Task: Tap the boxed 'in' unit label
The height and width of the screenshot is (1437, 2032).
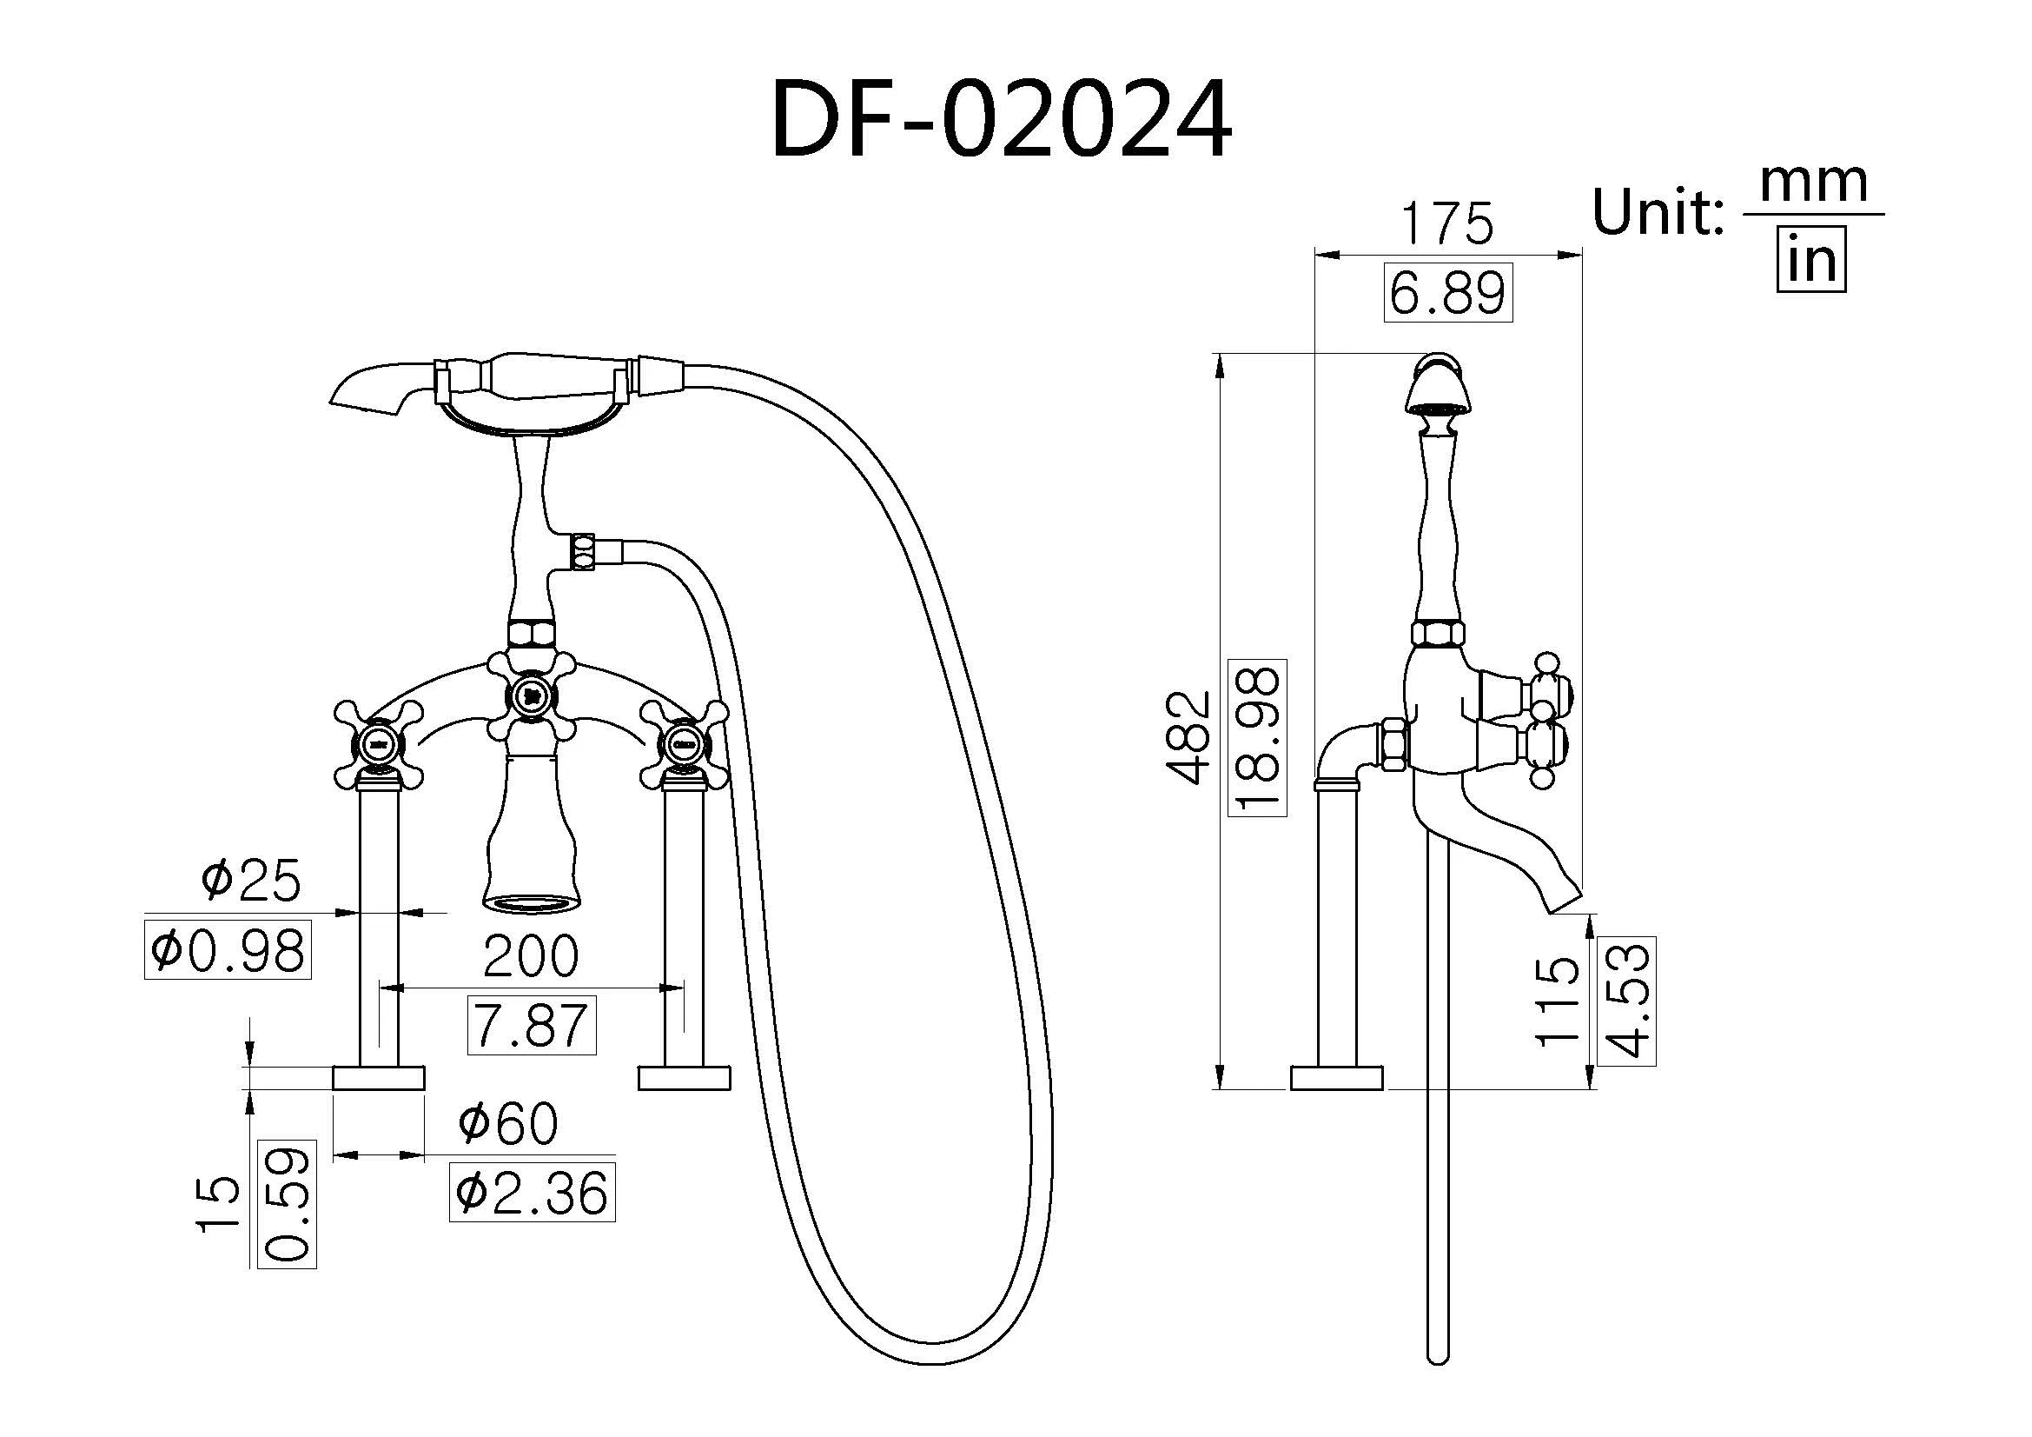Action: [1810, 259]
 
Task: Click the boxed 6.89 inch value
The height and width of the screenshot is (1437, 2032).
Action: [1448, 293]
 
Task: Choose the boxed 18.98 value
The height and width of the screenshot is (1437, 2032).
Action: [1258, 736]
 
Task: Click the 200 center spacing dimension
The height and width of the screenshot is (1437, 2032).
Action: [531, 956]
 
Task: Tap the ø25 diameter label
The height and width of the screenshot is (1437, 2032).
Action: [251, 880]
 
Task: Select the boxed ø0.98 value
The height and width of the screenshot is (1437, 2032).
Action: [228, 950]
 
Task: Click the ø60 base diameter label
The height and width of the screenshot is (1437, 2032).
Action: [508, 1122]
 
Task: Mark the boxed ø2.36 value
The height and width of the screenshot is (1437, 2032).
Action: [532, 1193]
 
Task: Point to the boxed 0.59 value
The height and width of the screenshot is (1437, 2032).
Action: [287, 1204]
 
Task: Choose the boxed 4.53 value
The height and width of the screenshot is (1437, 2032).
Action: [1626, 1001]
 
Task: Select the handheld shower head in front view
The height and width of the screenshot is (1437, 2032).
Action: [372, 386]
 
